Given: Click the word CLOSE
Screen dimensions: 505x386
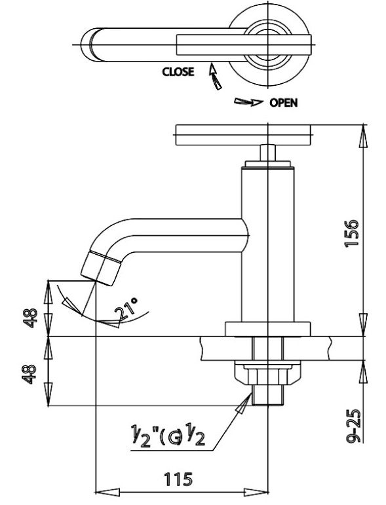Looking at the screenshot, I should pos(178,72).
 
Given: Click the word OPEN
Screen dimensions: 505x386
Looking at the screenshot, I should pos(283,103).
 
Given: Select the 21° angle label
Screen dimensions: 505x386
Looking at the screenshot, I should pos(128,309).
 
